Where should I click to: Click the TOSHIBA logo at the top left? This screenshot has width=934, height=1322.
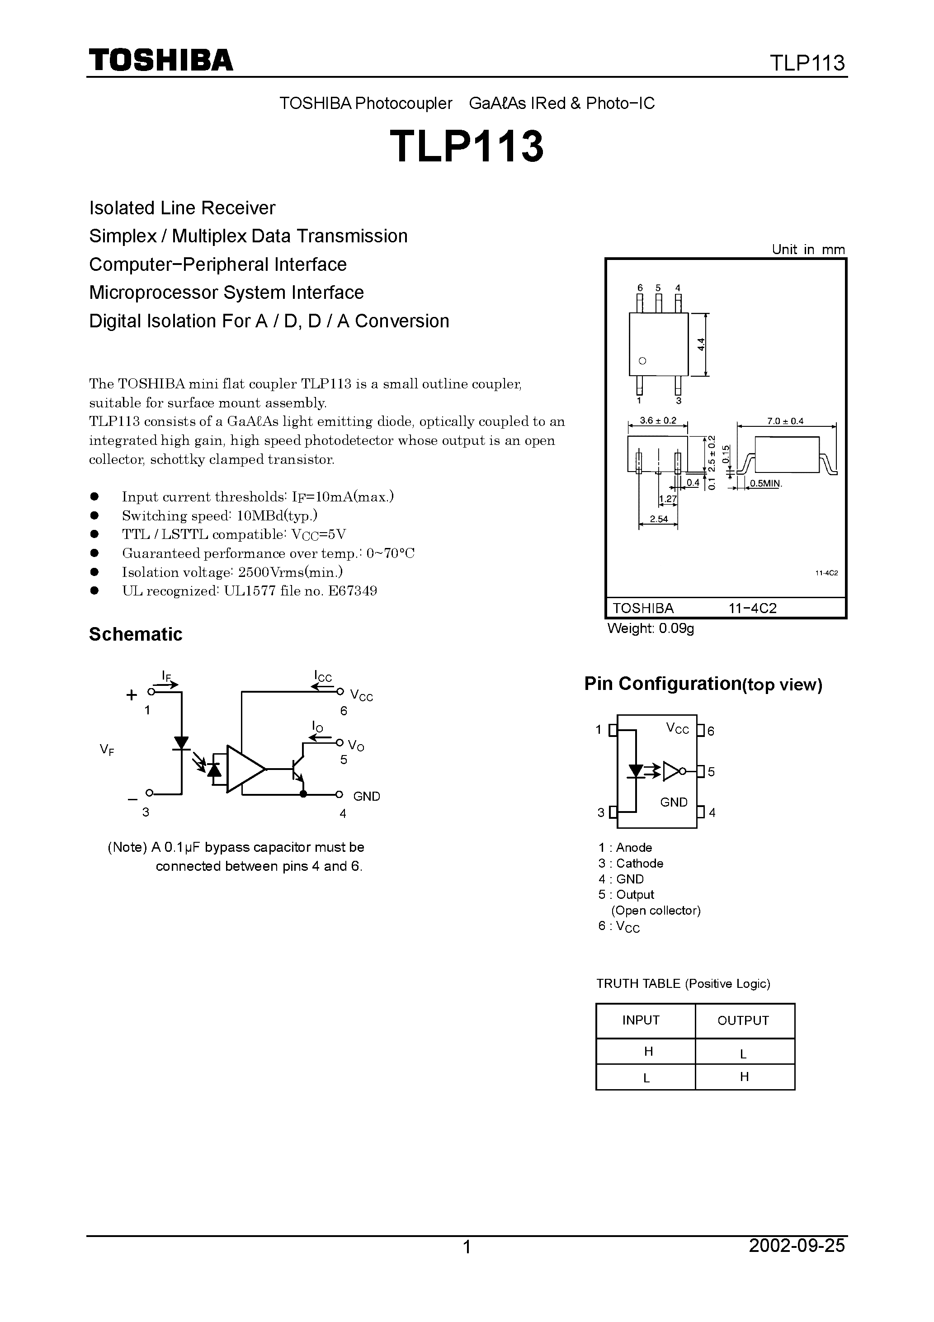160,60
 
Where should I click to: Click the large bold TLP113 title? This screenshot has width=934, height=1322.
467,146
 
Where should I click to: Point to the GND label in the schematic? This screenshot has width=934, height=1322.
366,796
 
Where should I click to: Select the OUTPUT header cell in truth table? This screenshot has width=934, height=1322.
743,1021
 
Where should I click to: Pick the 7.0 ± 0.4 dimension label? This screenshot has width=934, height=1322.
785,421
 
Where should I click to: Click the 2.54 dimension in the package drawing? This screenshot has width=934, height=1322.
658,519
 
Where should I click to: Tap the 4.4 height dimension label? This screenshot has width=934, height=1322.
701,345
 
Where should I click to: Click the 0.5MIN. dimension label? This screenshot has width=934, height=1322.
765,484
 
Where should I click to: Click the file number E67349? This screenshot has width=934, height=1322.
353,591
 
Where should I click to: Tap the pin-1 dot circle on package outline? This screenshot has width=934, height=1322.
642,361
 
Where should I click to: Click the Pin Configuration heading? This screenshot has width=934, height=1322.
703,684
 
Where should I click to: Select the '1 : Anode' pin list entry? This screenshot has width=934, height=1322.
625,848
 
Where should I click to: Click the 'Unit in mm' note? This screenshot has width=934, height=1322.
808,249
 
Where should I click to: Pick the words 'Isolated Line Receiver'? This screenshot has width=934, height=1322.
182,208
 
